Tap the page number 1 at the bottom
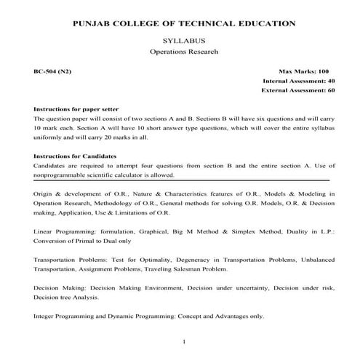click(185, 341)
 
